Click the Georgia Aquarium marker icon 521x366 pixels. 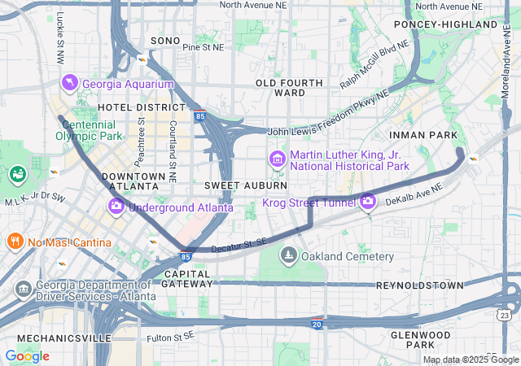(70, 83)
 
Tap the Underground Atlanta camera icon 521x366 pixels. (116, 207)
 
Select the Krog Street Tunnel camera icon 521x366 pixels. (368, 200)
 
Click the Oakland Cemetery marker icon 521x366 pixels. (288, 257)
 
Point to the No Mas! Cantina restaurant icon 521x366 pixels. (15, 242)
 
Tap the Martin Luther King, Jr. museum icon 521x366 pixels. (277, 158)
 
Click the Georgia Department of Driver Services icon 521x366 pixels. (23, 289)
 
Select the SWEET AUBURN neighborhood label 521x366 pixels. (245, 185)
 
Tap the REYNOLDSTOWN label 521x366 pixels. (419, 285)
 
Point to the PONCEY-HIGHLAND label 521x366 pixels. (456, 24)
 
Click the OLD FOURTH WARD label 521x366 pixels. (280, 88)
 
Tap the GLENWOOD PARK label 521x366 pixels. (421, 340)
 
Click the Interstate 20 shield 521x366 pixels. (317, 324)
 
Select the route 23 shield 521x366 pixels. (506, 315)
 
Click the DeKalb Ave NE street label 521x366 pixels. (414, 194)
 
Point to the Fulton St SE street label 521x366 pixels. (171, 337)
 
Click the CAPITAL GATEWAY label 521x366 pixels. (187, 279)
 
